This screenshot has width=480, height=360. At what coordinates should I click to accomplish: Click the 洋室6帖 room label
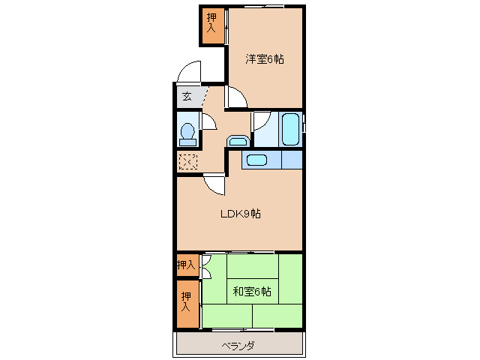point(265,58)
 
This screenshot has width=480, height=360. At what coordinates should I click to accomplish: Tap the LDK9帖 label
point(240,214)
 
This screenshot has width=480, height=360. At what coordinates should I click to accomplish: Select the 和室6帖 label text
point(251,291)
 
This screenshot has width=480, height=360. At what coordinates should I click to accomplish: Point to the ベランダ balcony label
point(238,346)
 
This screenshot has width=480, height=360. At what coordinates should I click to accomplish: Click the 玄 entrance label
point(186,97)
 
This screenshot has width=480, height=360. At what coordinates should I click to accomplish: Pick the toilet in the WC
point(187,133)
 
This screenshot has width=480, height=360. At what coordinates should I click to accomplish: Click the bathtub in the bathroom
point(289,129)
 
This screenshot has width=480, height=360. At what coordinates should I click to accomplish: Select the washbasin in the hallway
point(238,140)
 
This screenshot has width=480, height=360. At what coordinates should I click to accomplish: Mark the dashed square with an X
point(187,161)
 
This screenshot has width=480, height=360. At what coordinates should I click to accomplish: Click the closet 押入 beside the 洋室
point(211,25)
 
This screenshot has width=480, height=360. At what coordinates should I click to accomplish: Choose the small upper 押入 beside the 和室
point(186,264)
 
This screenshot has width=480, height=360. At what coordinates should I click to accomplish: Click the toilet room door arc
point(208,120)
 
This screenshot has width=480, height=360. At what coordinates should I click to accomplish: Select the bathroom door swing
point(262,121)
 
